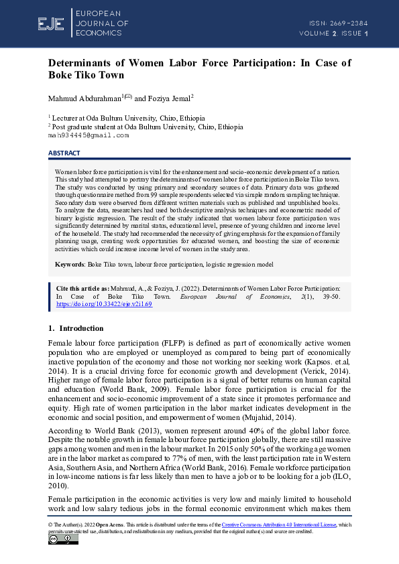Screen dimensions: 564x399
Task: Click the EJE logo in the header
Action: pyautogui.click(x=51, y=24)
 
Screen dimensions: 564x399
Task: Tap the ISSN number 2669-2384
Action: pyautogui.click(x=349, y=23)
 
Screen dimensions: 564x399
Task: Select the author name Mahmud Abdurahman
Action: pyautogui.click(x=84, y=98)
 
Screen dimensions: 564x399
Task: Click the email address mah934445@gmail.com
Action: pyautogui.click(x=88, y=135)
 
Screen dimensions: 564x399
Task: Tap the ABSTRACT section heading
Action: pyautogui.click(x=64, y=153)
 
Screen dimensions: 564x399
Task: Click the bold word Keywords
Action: pyautogui.click(x=69, y=265)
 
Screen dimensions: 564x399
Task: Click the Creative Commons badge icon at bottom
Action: pyautogui.click(x=63, y=540)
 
